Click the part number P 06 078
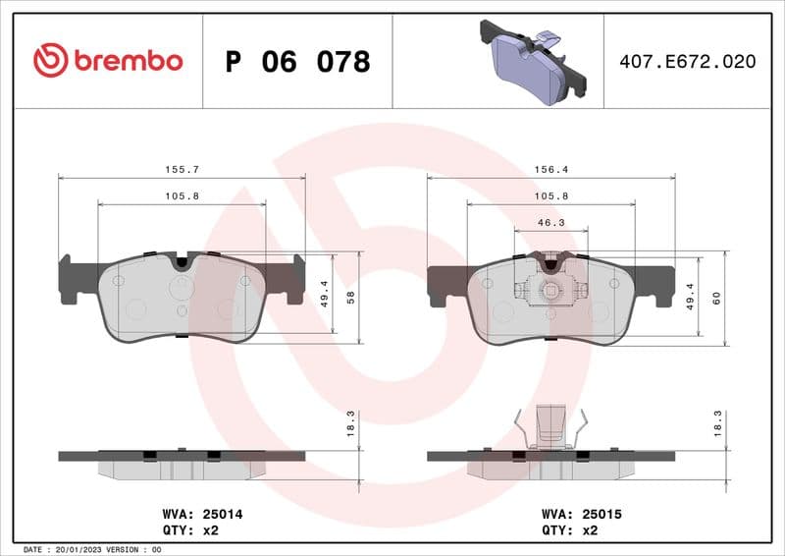(x=297, y=62)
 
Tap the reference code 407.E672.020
(x=687, y=62)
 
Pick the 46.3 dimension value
(x=550, y=223)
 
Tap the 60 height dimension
(x=716, y=299)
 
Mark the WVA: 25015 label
(x=583, y=513)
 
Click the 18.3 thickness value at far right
(x=717, y=423)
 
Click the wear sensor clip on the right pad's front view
(x=550, y=289)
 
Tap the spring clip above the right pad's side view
(x=550, y=425)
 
